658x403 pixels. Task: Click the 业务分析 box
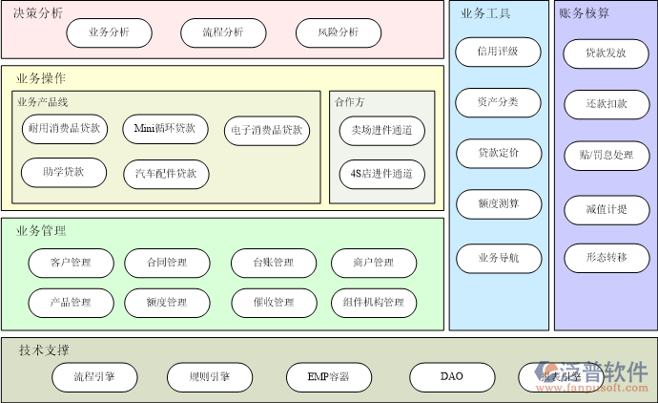[x=109, y=32]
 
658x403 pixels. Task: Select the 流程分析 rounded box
[x=223, y=32]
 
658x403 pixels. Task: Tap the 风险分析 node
[x=338, y=32]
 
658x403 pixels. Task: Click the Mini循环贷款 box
[x=165, y=128]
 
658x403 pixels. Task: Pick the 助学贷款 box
[x=64, y=172]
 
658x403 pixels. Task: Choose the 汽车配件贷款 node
[x=166, y=173]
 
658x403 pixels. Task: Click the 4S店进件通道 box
[x=381, y=174]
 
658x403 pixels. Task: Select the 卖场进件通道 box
[x=381, y=130]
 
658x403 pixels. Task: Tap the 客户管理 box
[x=72, y=263]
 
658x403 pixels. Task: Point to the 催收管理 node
[x=274, y=303]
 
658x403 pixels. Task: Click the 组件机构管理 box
[x=374, y=303]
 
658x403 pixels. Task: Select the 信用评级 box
[x=498, y=52]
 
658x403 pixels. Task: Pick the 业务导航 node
[x=498, y=258]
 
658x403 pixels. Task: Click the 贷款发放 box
[x=606, y=53]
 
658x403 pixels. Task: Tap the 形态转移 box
[x=606, y=257]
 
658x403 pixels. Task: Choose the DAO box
[x=452, y=376]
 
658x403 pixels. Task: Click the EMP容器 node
[x=328, y=376]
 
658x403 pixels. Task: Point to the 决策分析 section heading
[x=39, y=12]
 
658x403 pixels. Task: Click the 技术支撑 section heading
[x=44, y=350]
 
